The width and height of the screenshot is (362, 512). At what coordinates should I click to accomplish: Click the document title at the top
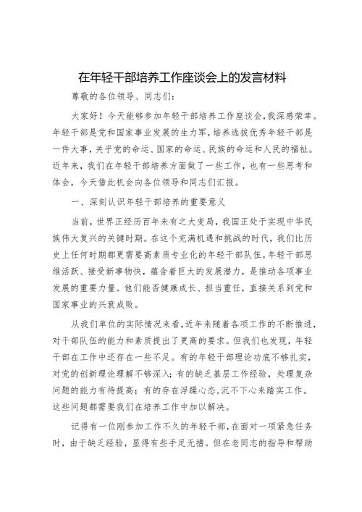coord(181,76)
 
